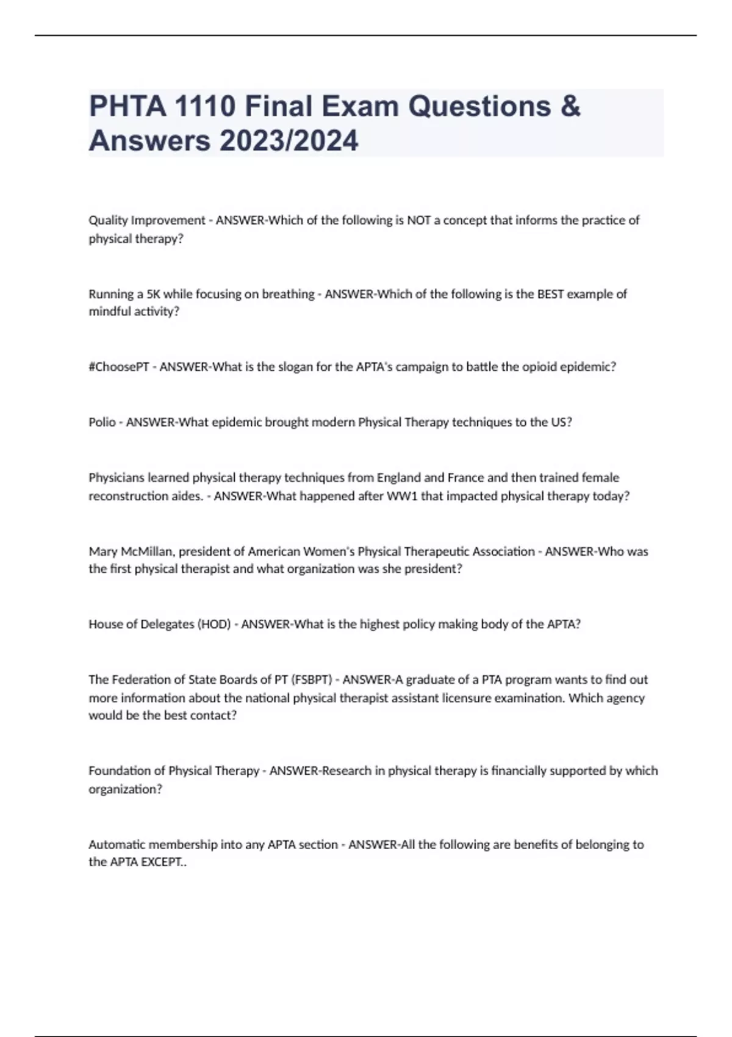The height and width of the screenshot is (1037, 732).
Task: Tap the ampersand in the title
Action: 570,106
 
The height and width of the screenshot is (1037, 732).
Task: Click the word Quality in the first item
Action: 108,220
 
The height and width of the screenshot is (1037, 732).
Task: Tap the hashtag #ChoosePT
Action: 119,367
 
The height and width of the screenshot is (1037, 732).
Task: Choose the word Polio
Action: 102,422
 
